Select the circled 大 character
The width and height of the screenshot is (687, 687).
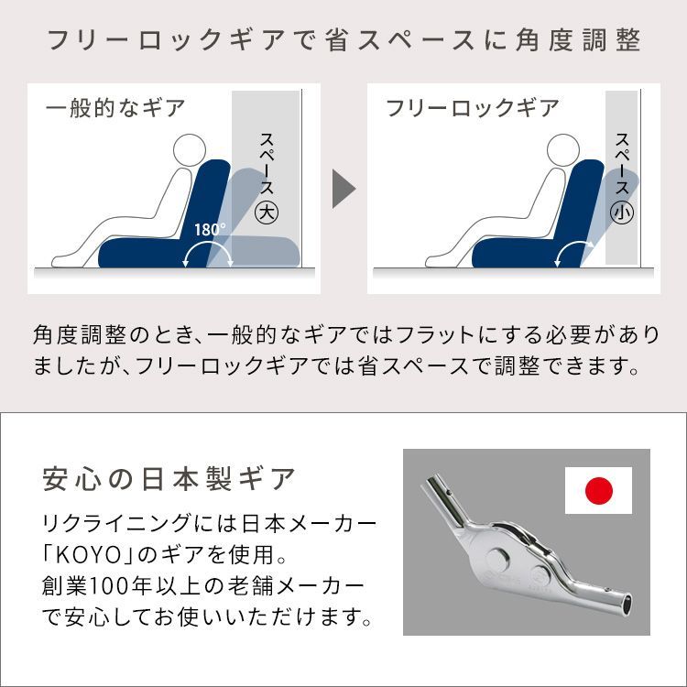(266, 212)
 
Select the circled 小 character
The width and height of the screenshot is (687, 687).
(622, 212)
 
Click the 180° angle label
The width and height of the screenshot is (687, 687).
(210, 229)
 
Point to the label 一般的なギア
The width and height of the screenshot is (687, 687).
(114, 108)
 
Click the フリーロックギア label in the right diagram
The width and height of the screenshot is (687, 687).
(472, 108)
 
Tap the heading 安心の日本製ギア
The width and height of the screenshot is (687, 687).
(169, 478)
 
